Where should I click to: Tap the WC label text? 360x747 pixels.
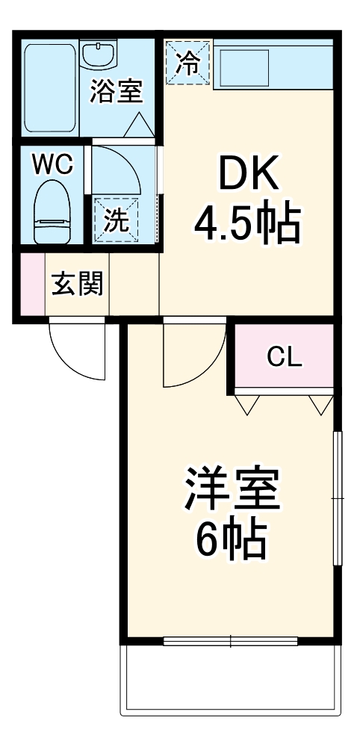52,164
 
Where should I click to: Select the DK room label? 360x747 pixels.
247,176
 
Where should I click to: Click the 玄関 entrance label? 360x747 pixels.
77,284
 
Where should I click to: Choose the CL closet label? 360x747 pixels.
285,359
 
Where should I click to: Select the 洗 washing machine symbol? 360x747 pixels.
115,220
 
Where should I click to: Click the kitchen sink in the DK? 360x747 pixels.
243,66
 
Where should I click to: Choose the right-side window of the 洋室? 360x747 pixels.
338,497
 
